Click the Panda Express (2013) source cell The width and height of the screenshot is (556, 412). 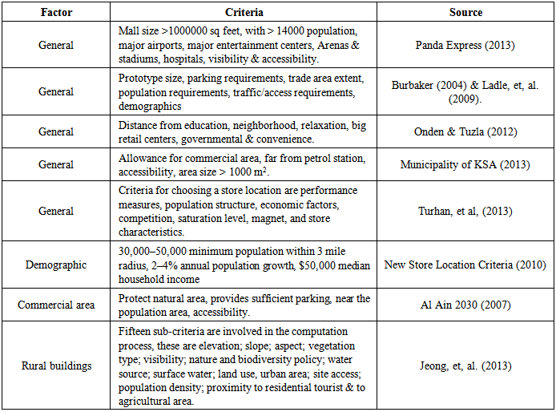tap(465, 45)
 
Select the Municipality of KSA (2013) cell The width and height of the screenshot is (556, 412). tap(465, 165)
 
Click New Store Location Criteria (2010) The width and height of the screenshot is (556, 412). tap(465, 265)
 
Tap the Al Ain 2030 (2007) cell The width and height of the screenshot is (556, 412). tap(465, 305)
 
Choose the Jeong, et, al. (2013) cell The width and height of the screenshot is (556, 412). tap(465, 366)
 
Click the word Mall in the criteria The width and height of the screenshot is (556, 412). tap(130, 30)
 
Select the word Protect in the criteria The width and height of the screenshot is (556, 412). tap(134, 299)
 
